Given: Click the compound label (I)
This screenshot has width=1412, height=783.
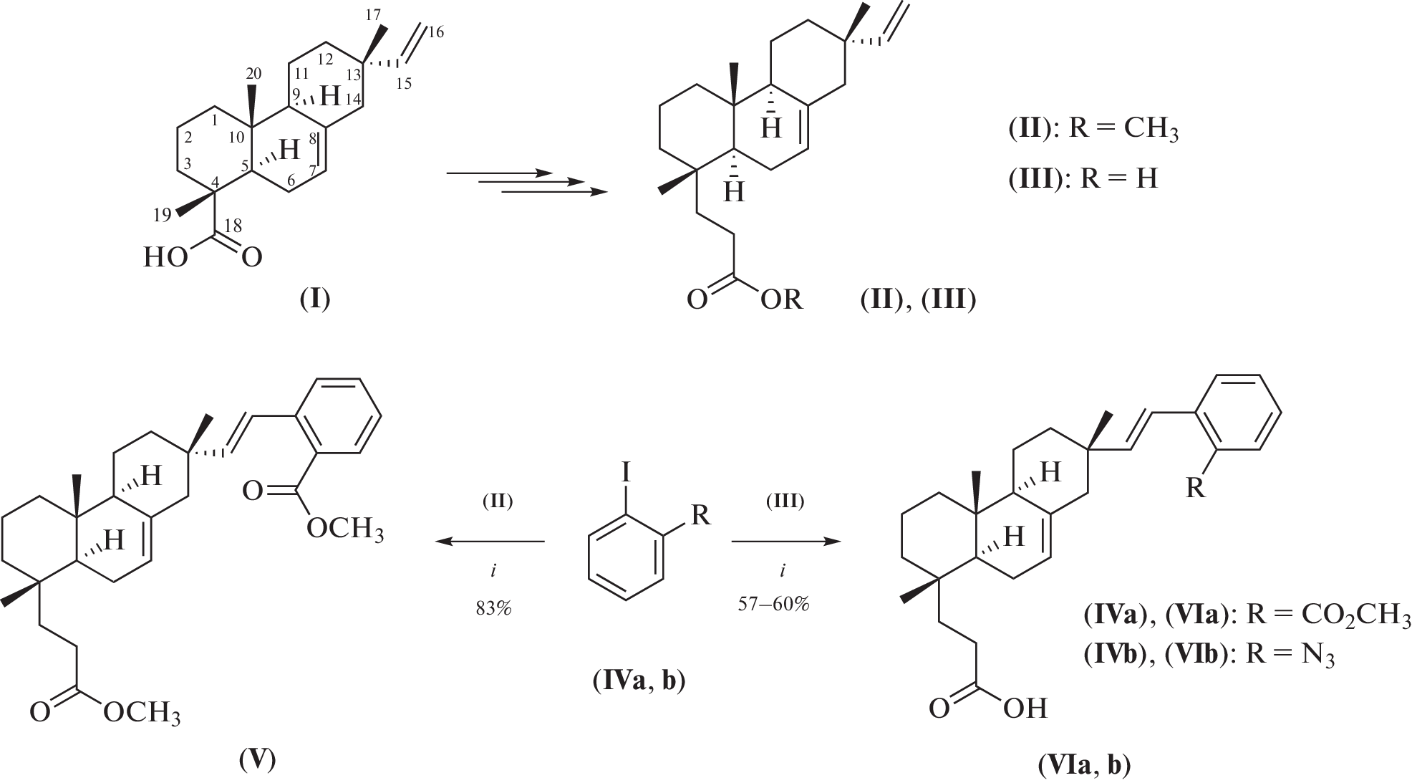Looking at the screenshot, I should (315, 299).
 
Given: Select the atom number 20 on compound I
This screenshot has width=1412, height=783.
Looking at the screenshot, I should (253, 74).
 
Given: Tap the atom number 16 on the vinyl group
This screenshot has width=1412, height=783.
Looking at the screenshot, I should (436, 32).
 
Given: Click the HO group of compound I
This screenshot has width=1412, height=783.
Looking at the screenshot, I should (165, 257).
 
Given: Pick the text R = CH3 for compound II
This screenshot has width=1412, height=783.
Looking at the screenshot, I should (1123, 130).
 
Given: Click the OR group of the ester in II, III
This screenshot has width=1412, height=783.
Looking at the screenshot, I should (781, 299).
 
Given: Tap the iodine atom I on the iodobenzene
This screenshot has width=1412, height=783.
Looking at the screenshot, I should (626, 473).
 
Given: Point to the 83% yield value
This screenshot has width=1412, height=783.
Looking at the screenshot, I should (493, 609).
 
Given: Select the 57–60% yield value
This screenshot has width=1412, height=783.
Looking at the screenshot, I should (773, 604).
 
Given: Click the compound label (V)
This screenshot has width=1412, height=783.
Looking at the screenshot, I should (257, 759).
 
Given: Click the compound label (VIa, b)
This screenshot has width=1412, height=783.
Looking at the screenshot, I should (1084, 766).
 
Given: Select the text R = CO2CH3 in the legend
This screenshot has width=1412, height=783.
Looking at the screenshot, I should (1328, 616).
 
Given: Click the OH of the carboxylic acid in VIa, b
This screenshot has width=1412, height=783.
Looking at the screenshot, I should (1025, 708).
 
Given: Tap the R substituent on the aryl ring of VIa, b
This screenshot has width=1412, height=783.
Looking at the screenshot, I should (1195, 489).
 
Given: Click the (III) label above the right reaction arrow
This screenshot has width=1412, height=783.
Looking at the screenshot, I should (785, 501).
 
